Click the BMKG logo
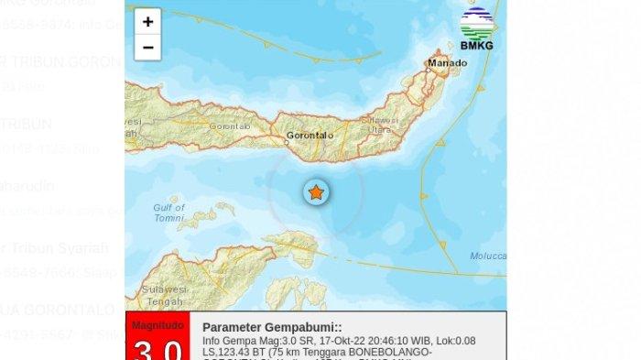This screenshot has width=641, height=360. point(476,29)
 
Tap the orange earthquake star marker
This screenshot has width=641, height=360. point(316,191)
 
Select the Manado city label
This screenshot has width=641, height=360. point(447,63)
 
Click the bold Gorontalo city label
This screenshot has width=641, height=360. point(311,136)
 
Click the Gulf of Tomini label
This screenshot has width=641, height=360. point(168,213)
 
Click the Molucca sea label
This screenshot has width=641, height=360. point(486,256)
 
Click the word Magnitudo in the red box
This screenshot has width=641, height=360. point(158,325)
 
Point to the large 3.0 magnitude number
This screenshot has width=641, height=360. point(158,349)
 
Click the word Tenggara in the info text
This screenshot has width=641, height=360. point(314,352)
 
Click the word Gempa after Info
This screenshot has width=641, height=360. point(237,340)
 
